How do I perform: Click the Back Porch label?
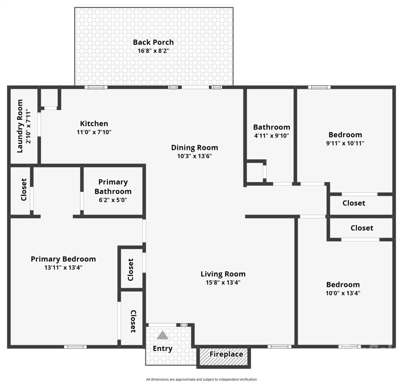coord(153,42)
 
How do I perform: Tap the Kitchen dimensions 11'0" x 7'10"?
coord(94,132)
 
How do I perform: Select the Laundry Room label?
coord(20,126)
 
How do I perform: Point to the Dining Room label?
coord(194,148)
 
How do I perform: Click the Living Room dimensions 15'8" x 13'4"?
coord(223,282)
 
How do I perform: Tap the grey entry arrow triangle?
coord(163,335)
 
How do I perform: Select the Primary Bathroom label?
coord(113,187)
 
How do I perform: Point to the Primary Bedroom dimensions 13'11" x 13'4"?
coord(63,267)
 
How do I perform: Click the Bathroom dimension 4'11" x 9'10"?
coord(272,136)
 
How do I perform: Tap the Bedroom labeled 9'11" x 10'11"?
coord(345,135)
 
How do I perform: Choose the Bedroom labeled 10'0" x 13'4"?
coord(343,285)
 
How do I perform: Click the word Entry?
coord(163,348)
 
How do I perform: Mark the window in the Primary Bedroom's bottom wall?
coord(75,347)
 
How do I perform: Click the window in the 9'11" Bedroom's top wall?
coord(319,87)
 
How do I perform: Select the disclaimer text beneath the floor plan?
coord(201,379)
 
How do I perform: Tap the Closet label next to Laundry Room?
coord(24,189)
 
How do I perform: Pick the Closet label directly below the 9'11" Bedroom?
coord(354,203)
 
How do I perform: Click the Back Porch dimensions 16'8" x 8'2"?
coord(153,51)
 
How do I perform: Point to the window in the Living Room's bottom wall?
coord(279,346)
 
